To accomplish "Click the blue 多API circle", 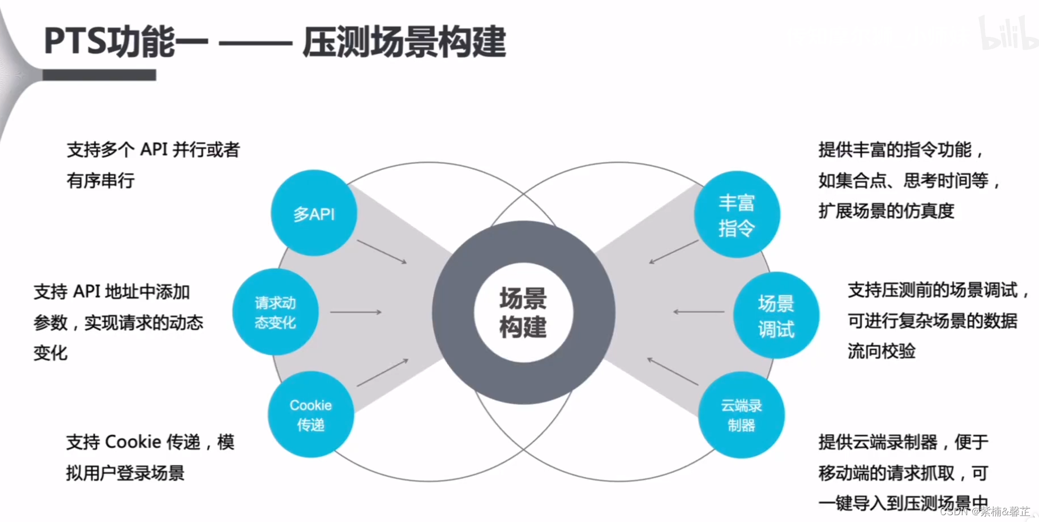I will point(314,213).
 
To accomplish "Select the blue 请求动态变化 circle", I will point(275,312).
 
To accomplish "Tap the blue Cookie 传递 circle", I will point(310,414).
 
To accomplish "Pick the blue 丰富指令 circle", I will point(737,214).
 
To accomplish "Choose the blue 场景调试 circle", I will point(776,315).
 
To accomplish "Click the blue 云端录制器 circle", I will point(741,415).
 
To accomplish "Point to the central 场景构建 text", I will point(523,312).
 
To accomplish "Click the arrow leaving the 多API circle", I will point(382,252).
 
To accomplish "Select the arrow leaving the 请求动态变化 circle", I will point(356,312).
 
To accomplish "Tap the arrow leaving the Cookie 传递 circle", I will point(382,372).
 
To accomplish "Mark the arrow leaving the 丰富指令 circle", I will point(673,252).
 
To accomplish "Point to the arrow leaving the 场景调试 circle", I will point(699,312).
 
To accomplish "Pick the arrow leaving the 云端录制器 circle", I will point(673,371).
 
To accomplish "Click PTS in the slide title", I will point(75,41).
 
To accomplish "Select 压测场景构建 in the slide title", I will point(404,41).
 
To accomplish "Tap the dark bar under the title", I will point(99,75).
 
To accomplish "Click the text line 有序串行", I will point(101,181).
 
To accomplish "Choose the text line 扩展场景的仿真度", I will point(886,211).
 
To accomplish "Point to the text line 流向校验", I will point(881,351).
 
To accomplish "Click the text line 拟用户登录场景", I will point(125,473).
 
